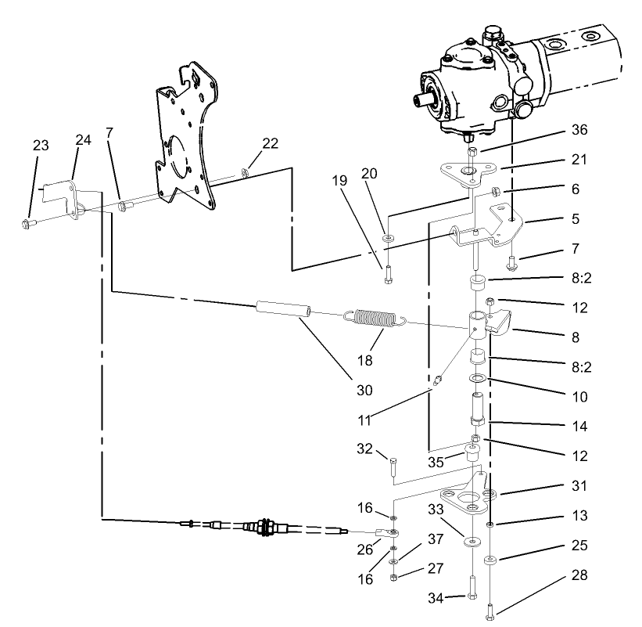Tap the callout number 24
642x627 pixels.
coord(84,140)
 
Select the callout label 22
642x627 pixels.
coord(270,142)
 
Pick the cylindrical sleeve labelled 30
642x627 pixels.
coord(281,309)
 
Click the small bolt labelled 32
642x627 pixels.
coord(393,467)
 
